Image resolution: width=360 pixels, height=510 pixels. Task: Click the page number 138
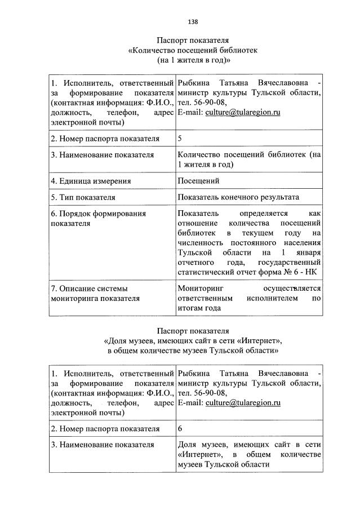pos(192,22)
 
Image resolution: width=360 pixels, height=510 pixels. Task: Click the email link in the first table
pos(242,112)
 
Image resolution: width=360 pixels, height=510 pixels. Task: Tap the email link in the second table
pos(242,403)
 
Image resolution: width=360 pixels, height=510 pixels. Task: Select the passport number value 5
pos(180,138)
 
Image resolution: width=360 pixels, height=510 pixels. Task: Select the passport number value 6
pos(180,429)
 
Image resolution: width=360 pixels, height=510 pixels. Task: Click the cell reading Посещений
pos(198,181)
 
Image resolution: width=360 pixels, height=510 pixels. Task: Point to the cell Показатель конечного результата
pos(238,197)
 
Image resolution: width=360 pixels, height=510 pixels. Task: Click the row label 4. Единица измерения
pos(91,181)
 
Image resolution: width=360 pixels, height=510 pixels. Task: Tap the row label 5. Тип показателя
pos(83,197)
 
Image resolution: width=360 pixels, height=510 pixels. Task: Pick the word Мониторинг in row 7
pos(200,288)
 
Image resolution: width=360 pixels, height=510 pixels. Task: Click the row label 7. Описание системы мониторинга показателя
pos(95,293)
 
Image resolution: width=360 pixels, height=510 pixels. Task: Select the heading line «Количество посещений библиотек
pos(193,50)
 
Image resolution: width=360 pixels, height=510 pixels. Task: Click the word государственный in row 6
pos(289,263)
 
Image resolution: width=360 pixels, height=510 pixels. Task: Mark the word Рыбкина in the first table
pos(193,83)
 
